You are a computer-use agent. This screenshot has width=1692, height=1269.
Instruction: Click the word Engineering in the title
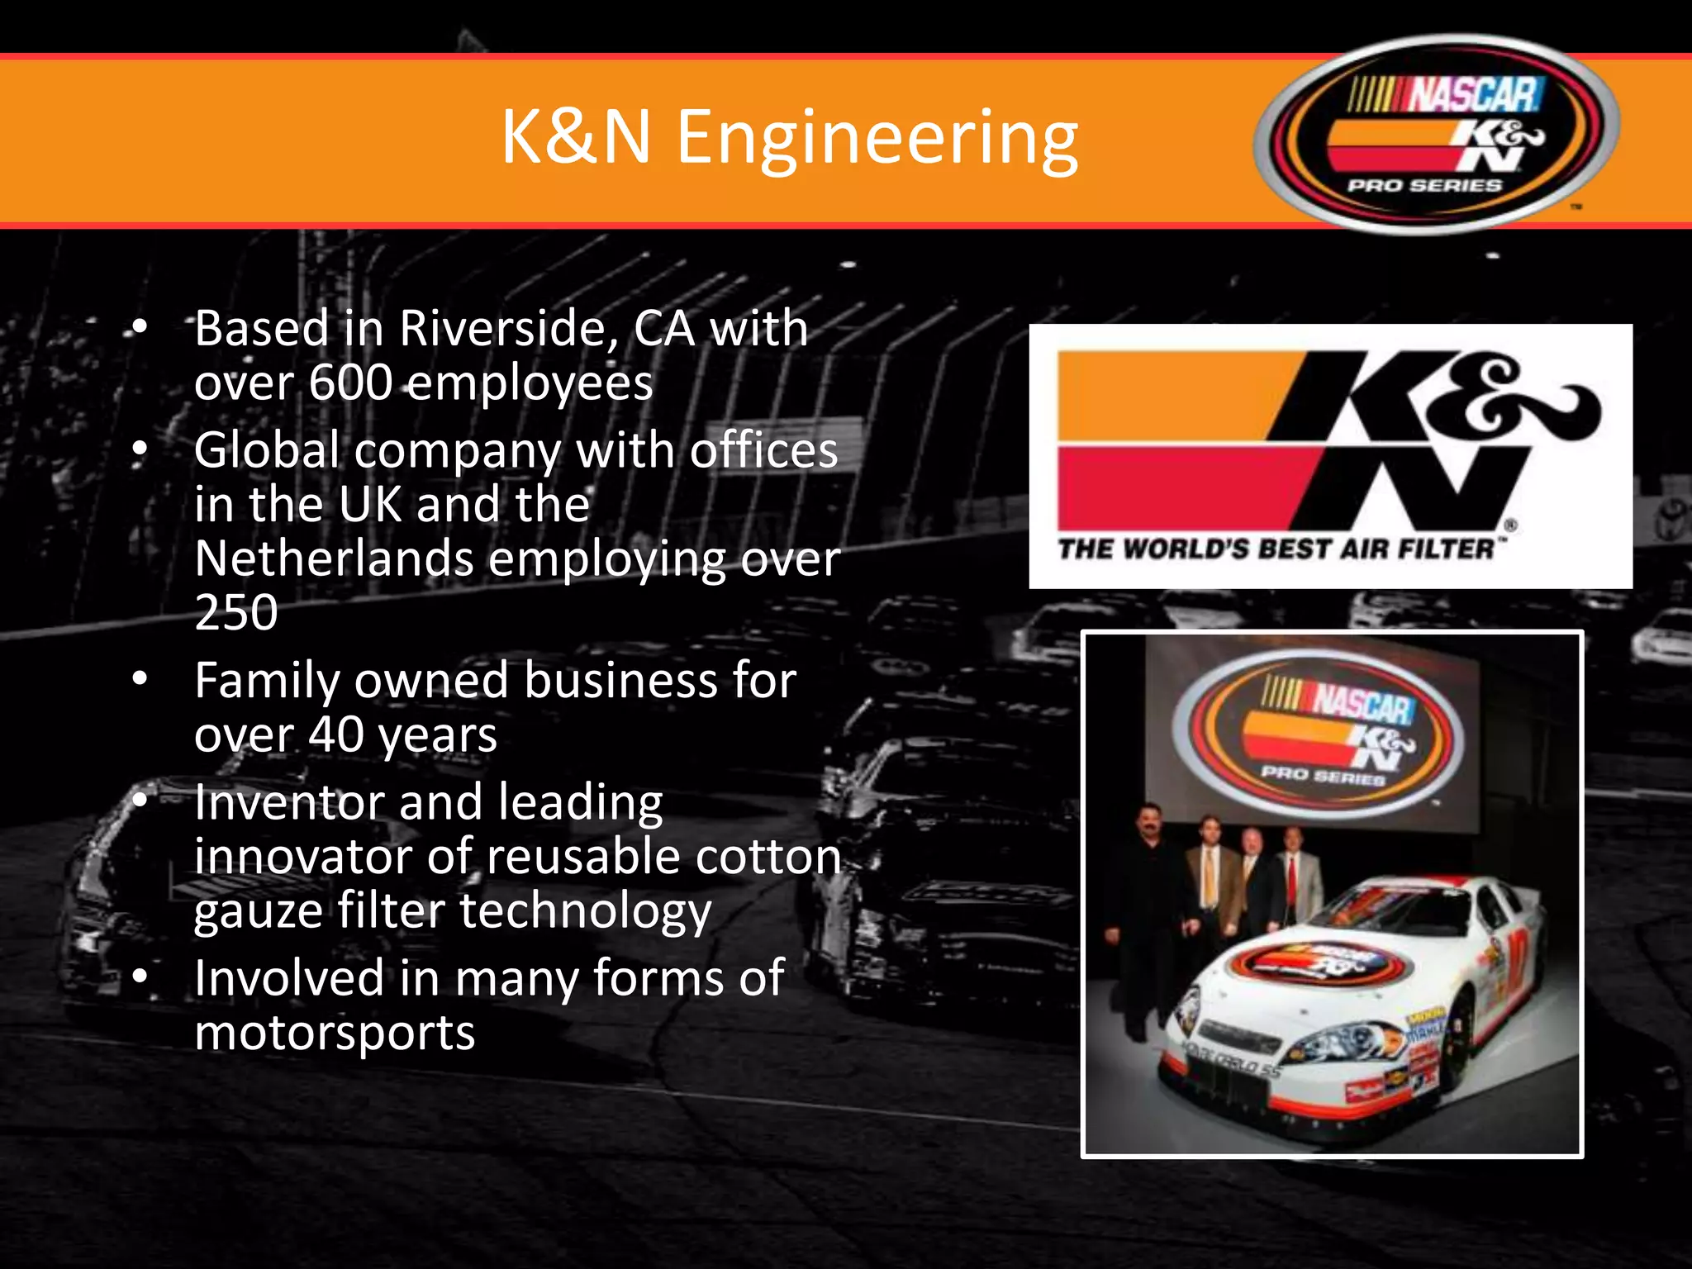tap(877, 138)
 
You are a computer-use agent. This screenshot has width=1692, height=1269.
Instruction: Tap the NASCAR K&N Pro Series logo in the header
tap(1436, 134)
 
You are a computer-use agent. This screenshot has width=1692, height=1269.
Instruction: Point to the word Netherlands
tap(334, 558)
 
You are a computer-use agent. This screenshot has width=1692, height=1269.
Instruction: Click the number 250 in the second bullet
tap(236, 613)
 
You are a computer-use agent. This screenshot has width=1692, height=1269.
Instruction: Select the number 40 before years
tap(335, 735)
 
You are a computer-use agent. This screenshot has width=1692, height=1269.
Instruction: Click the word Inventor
tap(288, 803)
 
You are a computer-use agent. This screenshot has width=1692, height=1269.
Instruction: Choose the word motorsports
tap(335, 1034)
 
